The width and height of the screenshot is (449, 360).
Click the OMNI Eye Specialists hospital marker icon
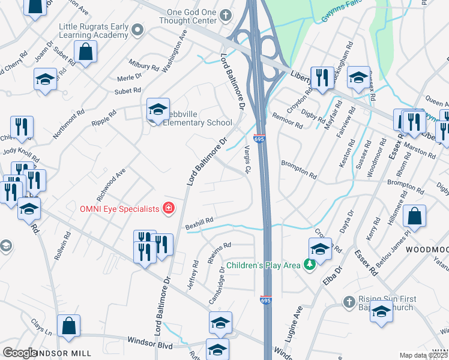coord(169,209)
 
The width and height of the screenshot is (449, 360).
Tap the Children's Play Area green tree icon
coord(310,265)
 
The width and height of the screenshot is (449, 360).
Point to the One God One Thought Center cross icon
coord(226,14)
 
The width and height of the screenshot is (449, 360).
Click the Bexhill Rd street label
coord(200,222)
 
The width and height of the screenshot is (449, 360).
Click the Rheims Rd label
coord(219,246)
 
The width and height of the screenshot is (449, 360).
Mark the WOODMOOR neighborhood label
coord(426,248)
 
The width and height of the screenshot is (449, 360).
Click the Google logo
coord(20,353)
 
